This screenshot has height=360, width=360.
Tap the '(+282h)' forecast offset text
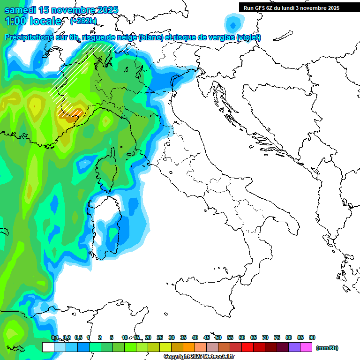[x=83, y=21]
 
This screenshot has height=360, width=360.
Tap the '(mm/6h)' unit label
[x=327, y=348]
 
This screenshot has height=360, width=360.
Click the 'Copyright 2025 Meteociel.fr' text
[x=199, y=357]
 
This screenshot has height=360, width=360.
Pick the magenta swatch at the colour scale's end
[x=306, y=347]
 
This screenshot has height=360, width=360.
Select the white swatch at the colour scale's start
[x=48, y=347]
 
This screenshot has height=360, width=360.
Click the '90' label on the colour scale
[x=312, y=337]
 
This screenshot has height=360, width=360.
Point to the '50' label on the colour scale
[x=218, y=337]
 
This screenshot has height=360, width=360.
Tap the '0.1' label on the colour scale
[x=55, y=337]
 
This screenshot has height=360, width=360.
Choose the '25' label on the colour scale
[x=160, y=337]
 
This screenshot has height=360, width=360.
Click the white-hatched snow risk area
[x=70, y=84]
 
